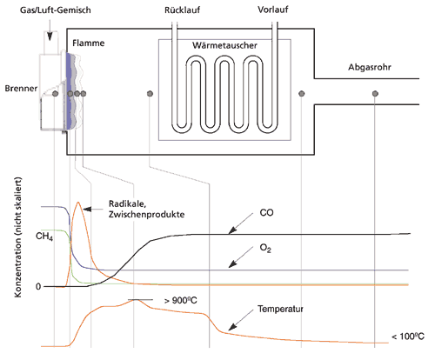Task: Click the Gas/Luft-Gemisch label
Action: click(56, 10)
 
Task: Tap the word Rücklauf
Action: click(183, 10)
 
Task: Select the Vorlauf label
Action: click(273, 10)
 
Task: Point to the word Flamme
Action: click(89, 43)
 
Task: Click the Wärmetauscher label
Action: click(224, 45)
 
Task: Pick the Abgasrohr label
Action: click(370, 67)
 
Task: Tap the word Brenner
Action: click(21, 89)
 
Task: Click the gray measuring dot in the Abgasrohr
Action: click(375, 94)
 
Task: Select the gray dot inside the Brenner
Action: click(56, 94)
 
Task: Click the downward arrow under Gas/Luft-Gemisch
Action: click(50, 31)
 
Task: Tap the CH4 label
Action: click(44, 237)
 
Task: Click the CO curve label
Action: click(266, 213)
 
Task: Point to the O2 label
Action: click(265, 249)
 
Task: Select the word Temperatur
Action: click(280, 309)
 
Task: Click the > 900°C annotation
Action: click(180, 300)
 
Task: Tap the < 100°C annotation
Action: click(408, 337)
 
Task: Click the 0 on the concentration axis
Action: click(38, 287)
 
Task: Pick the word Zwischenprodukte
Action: click(147, 215)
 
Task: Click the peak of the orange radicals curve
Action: click(78, 202)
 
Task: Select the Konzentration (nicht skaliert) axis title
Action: click(18, 237)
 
